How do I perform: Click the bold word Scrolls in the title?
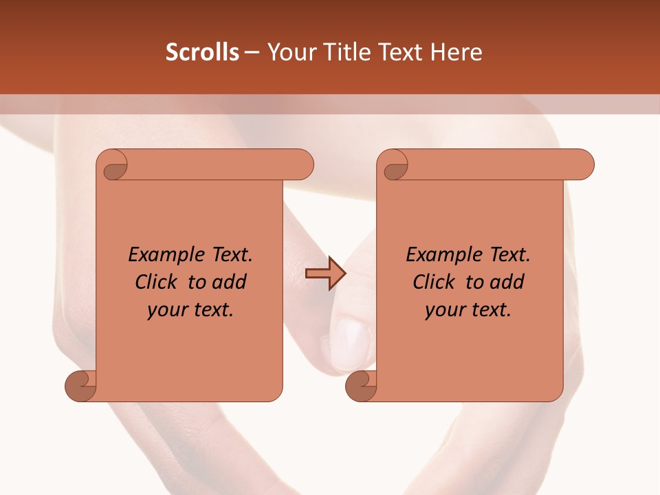click(203, 52)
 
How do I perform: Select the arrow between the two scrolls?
click(325, 273)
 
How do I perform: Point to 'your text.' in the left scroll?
click(190, 309)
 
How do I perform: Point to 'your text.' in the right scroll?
click(468, 309)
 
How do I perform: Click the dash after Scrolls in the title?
click(252, 52)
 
